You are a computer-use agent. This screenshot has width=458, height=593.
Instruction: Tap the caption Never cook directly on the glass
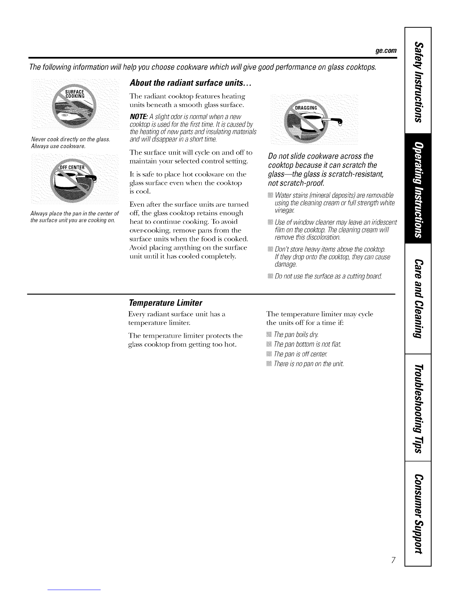(x=70, y=140)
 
